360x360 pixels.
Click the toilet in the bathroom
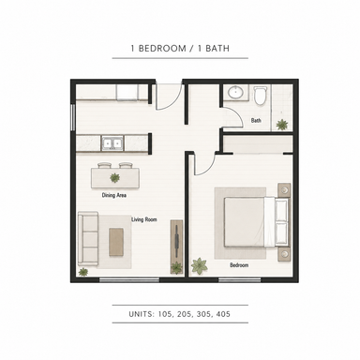(x=261, y=95)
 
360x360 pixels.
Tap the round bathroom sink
(x=236, y=92)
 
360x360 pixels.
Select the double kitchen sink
(x=112, y=143)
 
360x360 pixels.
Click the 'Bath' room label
(x=256, y=120)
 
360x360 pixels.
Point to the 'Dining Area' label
(x=114, y=195)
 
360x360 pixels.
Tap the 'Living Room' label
(x=144, y=219)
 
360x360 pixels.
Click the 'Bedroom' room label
(x=239, y=265)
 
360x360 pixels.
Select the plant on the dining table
(x=114, y=178)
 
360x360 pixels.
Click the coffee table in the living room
(x=116, y=242)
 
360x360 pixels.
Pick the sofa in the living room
(x=88, y=238)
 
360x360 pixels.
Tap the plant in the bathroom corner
(x=282, y=125)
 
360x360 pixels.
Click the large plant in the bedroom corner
(x=199, y=266)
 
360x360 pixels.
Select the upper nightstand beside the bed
(x=284, y=190)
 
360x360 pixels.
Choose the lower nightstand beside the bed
(x=284, y=254)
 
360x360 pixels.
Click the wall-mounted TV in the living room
(x=177, y=241)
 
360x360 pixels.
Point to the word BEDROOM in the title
(x=162, y=49)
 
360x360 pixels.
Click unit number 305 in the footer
(x=204, y=314)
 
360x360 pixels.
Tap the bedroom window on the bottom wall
(x=240, y=280)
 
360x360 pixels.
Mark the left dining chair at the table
(x=104, y=165)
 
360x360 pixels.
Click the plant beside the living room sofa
(x=83, y=272)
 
